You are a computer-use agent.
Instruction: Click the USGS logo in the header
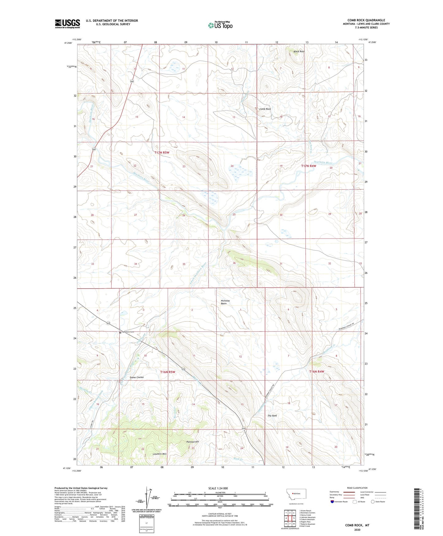(67, 24)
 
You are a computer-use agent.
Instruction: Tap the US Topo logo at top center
(220, 25)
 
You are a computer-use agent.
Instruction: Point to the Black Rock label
(299, 52)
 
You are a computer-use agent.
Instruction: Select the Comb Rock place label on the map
(265, 109)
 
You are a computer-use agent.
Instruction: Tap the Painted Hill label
(193, 442)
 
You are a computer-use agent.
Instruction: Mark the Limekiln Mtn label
(159, 454)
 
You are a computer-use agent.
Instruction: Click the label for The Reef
(272, 416)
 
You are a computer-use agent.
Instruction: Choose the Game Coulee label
(136, 377)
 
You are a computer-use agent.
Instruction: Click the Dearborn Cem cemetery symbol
(120, 332)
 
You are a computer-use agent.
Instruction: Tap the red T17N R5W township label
(162, 152)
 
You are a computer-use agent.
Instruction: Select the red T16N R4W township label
(316, 371)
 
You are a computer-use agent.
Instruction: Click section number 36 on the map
(234, 263)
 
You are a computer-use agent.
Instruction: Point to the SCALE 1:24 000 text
(218, 488)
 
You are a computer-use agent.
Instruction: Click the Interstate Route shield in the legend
(332, 502)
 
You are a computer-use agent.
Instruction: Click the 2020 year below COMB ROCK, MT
(357, 530)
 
